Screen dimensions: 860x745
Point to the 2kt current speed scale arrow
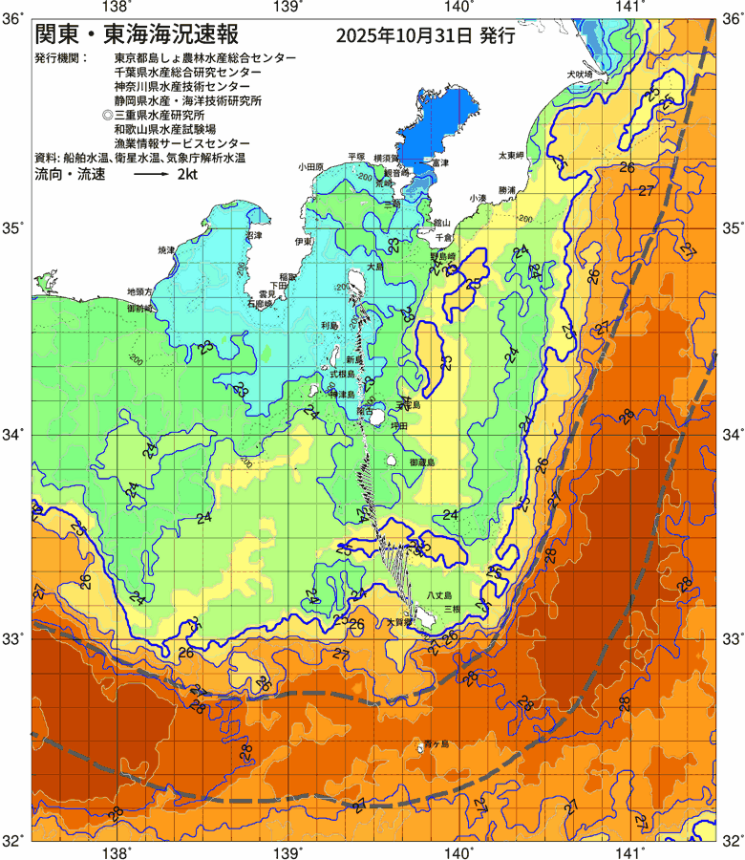point(152,177)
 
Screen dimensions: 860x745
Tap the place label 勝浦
point(506,190)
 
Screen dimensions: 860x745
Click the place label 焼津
point(166,249)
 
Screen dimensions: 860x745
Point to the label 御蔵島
point(422,462)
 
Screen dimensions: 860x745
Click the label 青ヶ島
point(438,743)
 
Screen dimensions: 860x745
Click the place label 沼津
point(253,235)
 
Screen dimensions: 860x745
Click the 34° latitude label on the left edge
point(12,435)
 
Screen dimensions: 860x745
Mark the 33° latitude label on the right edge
point(731,637)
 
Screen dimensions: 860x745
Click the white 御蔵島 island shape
point(394,460)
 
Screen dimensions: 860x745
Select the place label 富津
point(438,164)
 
